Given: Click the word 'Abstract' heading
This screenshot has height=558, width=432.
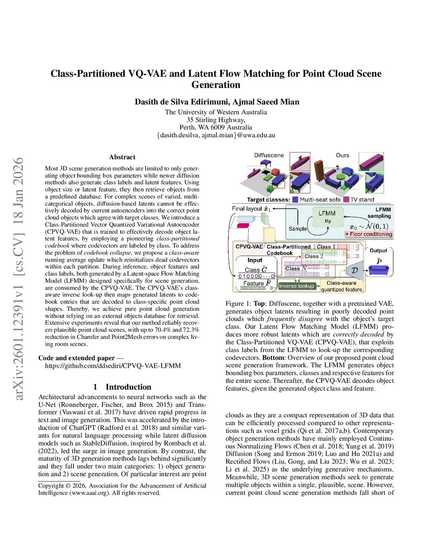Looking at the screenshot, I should point(122,157).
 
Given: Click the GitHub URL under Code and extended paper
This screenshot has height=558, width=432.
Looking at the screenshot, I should point(113,366).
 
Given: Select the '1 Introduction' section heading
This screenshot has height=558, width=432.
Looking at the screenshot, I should point(122,387).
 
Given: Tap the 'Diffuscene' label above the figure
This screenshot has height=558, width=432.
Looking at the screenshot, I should point(269,155).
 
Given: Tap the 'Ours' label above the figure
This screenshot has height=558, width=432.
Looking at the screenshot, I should point(342,155).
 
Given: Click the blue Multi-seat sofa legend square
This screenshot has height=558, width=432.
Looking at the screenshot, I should point(295,200).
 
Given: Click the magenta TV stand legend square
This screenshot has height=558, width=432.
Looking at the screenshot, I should point(346,200).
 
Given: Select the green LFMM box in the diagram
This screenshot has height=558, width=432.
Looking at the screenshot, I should point(327,217).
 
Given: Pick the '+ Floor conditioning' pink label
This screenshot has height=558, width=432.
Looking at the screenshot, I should point(369,234).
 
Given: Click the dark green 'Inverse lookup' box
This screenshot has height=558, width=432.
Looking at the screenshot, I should point(297,286).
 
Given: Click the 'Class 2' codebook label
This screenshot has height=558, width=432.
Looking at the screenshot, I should point(314,256).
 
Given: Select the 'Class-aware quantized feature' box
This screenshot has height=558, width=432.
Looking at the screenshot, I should point(341,286).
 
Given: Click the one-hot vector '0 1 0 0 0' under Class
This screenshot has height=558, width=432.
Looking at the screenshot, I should point(248,276).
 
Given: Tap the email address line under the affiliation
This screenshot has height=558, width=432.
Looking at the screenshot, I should point(216,135).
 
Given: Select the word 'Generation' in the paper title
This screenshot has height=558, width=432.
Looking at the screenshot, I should point(216,85).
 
